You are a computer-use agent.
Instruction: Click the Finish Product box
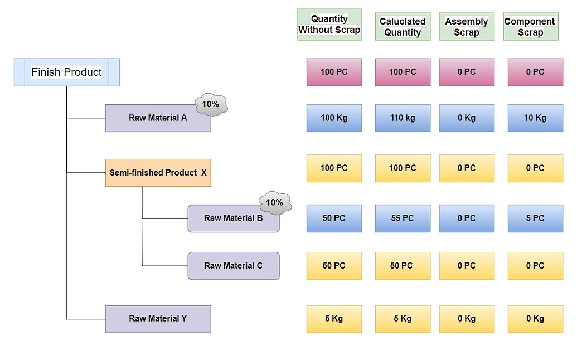[x=66, y=72]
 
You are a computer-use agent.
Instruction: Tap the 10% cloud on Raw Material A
[x=211, y=104]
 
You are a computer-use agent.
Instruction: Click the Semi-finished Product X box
[x=158, y=173]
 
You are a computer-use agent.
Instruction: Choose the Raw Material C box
[x=233, y=266]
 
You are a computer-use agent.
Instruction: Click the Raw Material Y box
[x=158, y=319]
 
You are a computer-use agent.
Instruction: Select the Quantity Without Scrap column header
[x=329, y=24]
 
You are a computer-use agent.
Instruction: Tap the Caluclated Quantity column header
[x=403, y=27]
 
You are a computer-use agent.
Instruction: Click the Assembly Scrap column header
[x=467, y=27]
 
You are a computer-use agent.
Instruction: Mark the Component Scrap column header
[x=530, y=27]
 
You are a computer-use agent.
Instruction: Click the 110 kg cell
[x=403, y=118]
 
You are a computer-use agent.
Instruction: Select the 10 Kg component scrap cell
[x=535, y=118]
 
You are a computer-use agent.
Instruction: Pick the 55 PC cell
[x=403, y=218]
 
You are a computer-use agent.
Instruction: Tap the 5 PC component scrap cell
[x=535, y=218]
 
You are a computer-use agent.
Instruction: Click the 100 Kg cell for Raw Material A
[x=334, y=118]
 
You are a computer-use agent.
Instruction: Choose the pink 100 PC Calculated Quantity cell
[x=403, y=72]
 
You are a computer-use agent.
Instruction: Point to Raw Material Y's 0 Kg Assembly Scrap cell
[x=467, y=319]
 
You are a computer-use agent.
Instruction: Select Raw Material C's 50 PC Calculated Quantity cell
[x=403, y=266]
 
